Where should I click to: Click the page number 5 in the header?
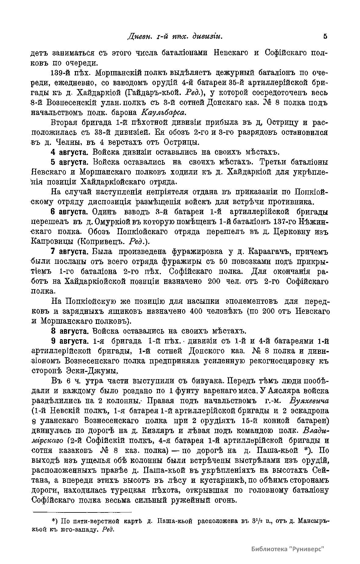pos(325,36)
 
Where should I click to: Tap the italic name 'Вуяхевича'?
pos(307,401)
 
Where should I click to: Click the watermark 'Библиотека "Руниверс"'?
pos(287,549)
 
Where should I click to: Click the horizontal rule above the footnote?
pos(82,512)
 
